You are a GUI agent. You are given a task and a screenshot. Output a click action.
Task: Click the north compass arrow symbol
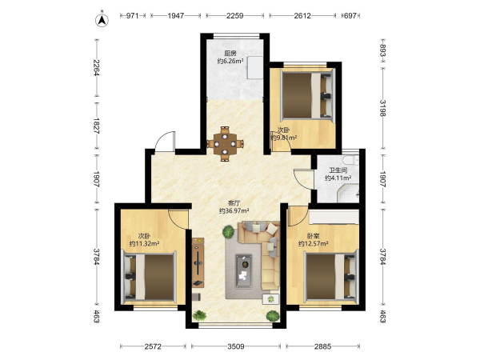point(102,19)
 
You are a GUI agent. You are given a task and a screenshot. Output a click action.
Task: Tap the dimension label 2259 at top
point(234,15)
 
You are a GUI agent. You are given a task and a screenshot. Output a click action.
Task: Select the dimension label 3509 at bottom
point(236,346)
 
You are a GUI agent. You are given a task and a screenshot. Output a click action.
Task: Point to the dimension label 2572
point(153,346)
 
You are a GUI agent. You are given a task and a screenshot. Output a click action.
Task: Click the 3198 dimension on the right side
point(382,108)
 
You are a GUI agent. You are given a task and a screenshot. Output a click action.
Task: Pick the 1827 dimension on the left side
point(97,126)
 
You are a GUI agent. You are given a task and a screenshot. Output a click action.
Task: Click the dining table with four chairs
point(225,143)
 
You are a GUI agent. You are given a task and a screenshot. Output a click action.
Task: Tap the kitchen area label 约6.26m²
point(230,61)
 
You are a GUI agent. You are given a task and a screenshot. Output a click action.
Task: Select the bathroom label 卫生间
point(338,170)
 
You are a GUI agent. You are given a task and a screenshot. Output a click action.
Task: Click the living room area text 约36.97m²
point(234,210)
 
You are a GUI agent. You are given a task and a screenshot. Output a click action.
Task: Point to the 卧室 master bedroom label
point(313,236)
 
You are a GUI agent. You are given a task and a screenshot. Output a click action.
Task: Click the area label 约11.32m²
point(144,244)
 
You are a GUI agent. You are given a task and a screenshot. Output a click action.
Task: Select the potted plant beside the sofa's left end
point(228,232)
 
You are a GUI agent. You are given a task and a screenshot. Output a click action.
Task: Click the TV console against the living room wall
point(198,262)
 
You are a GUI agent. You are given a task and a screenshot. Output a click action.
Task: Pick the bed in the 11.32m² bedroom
point(149,277)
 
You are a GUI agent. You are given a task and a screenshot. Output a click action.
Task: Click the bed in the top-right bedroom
point(308,95)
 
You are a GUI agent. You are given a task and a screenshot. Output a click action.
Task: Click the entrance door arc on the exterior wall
point(165,141)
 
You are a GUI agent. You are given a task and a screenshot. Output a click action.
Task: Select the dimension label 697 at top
point(350,15)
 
